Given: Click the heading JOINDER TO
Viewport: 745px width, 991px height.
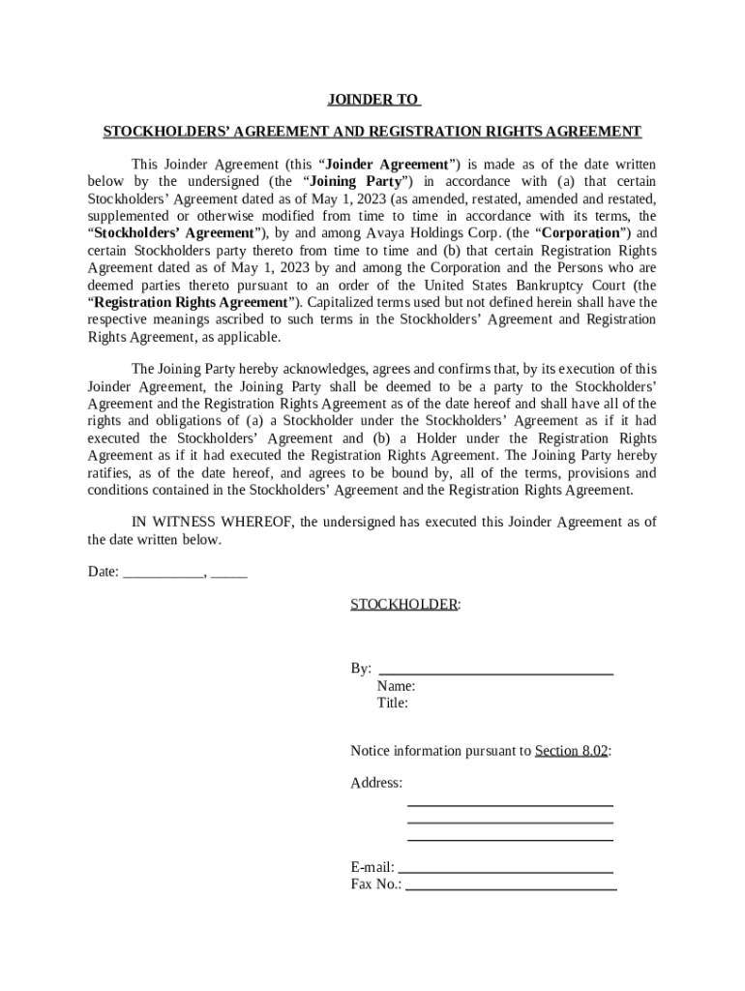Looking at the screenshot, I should click(372, 100).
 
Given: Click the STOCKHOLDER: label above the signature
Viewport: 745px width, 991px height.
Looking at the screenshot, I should click(404, 605).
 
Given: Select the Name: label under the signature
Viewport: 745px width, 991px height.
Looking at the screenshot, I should click(397, 686).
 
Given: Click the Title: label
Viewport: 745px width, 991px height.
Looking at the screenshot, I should click(393, 704).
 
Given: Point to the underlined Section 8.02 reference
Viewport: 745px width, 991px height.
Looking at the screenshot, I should click(571, 751).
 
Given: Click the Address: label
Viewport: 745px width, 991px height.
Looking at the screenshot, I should click(376, 783).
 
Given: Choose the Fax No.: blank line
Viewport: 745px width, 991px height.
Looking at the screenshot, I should click(510, 886).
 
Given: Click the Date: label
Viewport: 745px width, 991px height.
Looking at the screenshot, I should click(104, 572).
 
